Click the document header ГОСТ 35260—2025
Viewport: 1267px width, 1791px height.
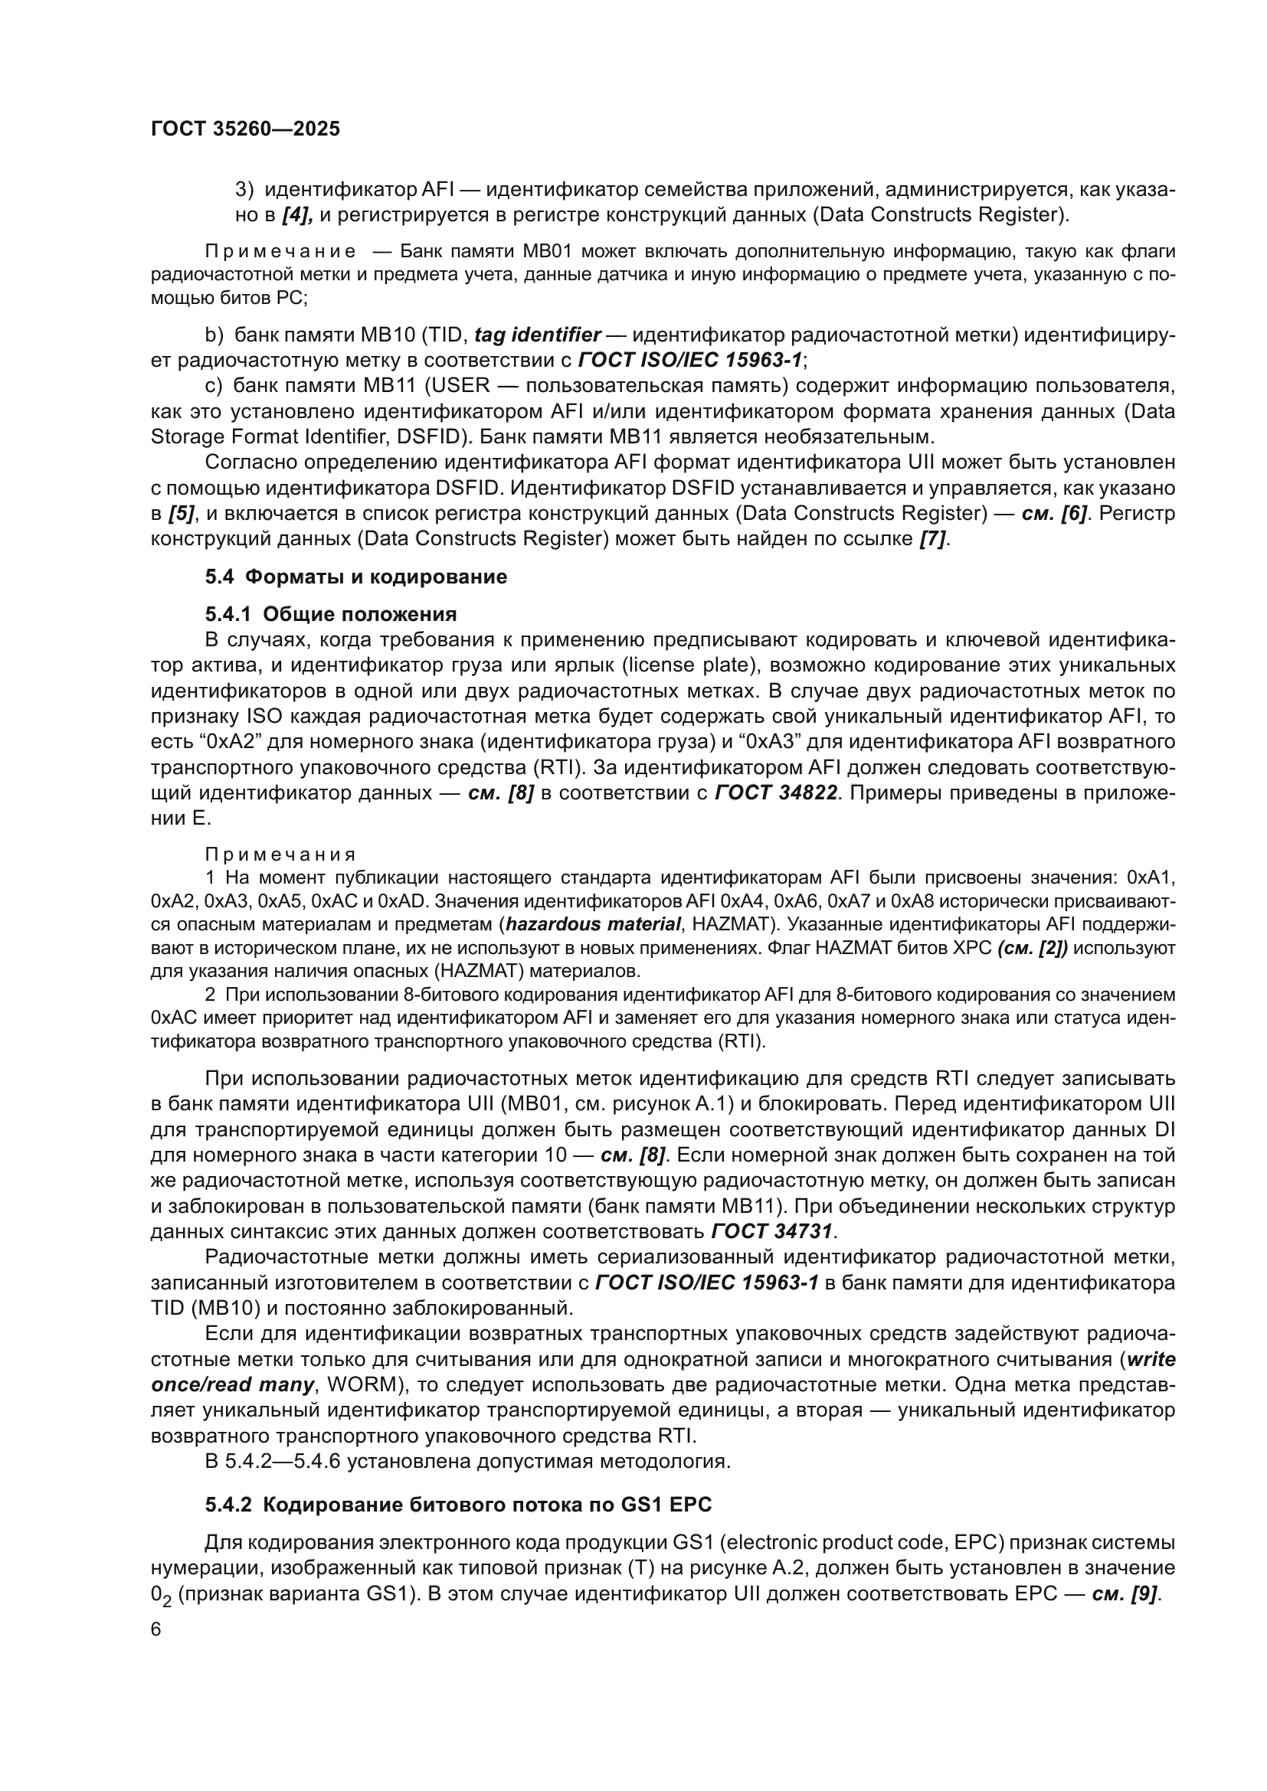(x=245, y=129)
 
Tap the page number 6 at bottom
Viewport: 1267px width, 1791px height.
(x=156, y=1629)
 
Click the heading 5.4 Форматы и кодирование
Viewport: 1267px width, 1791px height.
(x=355, y=577)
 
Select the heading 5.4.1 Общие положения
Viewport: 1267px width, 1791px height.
(x=331, y=614)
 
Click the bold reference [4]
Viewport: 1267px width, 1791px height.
(x=297, y=214)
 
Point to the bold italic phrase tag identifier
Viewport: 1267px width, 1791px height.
(x=537, y=335)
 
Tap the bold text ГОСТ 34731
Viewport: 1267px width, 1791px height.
(x=772, y=1232)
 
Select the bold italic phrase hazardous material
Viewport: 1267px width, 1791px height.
(x=593, y=924)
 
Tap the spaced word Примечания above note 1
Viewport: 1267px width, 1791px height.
(x=280, y=855)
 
